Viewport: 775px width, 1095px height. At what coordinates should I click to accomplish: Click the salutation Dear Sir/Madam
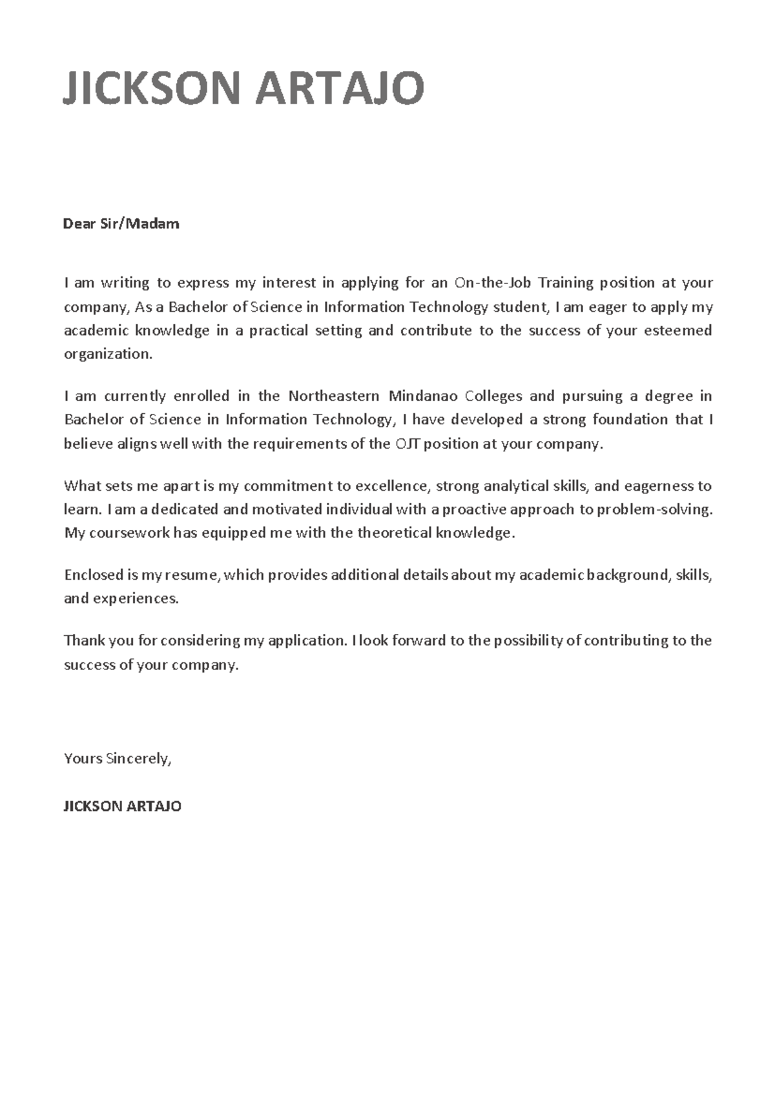coord(121,224)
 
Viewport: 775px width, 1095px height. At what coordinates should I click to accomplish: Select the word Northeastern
coord(333,396)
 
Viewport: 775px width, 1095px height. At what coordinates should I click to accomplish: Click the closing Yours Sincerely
coord(117,759)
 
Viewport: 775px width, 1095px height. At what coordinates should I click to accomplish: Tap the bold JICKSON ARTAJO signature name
coord(122,806)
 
